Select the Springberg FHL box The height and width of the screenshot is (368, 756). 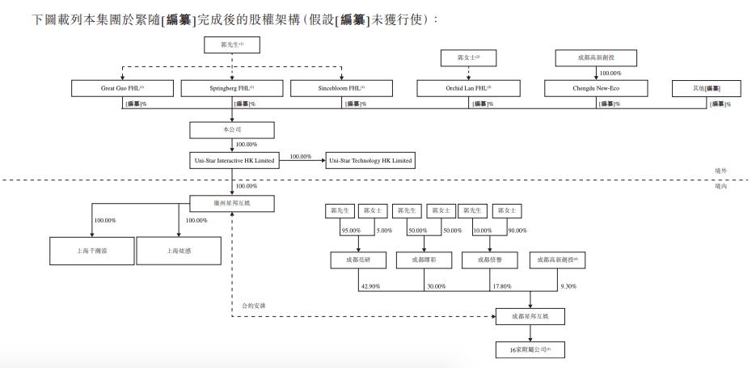[233, 87]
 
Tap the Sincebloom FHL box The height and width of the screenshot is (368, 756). [341, 87]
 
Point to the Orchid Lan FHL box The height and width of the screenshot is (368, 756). [468, 87]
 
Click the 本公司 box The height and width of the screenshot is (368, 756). [232, 129]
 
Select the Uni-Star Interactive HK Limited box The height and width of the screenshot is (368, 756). [234, 161]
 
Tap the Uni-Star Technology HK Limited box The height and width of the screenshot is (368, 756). [370, 161]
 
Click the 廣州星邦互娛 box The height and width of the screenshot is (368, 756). [232, 203]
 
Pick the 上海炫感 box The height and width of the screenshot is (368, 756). [179, 251]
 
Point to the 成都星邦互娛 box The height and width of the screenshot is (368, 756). [530, 316]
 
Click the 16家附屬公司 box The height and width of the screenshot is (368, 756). [530, 349]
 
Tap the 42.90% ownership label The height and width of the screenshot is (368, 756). [369, 286]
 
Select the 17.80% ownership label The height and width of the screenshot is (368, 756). [501, 286]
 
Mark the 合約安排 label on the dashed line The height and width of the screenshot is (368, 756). [254, 306]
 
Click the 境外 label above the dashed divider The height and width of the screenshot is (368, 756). [721, 171]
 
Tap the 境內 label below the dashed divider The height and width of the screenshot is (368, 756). [721, 186]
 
